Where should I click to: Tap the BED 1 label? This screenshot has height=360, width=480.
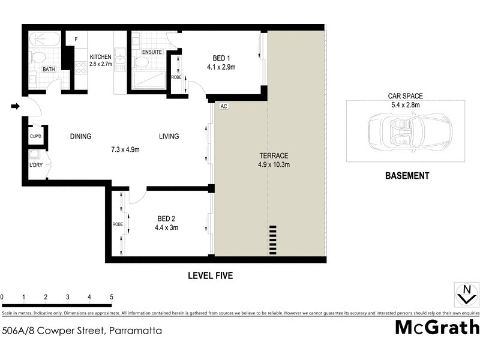(x=220, y=58)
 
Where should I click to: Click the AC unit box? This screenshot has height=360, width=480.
(x=224, y=106)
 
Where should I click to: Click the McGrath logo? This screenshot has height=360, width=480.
(x=437, y=328)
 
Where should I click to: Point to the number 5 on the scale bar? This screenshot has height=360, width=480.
(x=111, y=297)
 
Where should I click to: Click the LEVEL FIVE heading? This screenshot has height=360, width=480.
(x=210, y=276)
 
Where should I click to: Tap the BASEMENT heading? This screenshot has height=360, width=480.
(x=407, y=176)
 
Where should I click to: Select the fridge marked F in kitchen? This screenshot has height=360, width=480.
(x=76, y=40)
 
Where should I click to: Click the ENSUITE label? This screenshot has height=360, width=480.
(x=152, y=52)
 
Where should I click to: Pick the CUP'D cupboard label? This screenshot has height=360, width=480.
(x=35, y=136)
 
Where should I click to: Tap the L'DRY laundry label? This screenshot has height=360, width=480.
(x=35, y=165)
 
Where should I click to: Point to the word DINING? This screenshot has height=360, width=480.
(x=80, y=136)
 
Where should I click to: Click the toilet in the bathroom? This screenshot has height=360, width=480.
(x=37, y=58)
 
